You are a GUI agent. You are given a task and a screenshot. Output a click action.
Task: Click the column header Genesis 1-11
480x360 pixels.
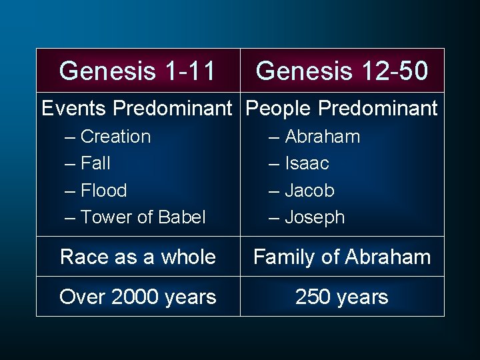pos(137,71)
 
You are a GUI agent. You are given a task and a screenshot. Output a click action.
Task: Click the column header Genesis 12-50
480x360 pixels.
pos(342,71)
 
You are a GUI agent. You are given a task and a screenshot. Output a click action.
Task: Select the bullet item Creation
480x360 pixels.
pos(115,137)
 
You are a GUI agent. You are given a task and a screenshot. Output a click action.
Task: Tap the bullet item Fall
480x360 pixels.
pos(95,163)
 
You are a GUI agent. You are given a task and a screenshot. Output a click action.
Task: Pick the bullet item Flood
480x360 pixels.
pos(103,190)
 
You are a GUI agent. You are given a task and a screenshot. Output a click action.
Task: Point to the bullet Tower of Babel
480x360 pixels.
pos(143,217)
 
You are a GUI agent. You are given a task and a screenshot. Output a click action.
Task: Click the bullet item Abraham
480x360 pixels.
pos(322,137)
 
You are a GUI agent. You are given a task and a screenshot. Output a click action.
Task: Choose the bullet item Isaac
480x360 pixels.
pos(307,163)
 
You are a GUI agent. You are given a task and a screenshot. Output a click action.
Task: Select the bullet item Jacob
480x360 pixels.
pos(309,190)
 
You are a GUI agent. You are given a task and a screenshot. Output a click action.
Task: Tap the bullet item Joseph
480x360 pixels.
pos(314,217)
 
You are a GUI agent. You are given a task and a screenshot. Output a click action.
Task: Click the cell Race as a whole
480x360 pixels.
pos(137,257)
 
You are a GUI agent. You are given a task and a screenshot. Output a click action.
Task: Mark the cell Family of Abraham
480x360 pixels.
pos(342,257)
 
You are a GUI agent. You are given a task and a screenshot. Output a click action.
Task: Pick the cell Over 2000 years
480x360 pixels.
pos(137,297)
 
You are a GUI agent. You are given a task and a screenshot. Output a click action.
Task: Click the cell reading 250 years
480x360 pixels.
pos(342,297)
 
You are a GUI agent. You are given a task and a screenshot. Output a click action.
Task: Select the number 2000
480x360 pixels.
pos(135,297)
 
